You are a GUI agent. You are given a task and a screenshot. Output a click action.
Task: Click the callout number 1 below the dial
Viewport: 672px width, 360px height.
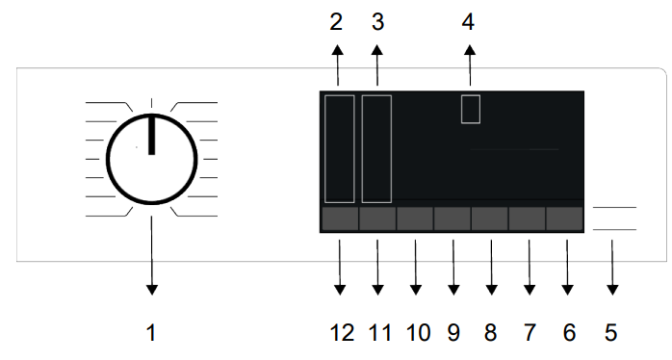coord(151,333)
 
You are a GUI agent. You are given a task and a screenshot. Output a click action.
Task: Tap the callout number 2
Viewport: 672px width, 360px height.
coord(336,22)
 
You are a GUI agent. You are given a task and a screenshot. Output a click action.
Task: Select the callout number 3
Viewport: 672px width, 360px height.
coord(377,22)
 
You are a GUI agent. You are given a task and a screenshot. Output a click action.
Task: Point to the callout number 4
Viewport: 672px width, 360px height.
coord(468,22)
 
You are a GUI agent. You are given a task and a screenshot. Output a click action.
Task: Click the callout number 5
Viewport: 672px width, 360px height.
coord(611,333)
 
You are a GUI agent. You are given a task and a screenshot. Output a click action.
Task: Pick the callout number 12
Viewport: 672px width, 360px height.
coord(342,333)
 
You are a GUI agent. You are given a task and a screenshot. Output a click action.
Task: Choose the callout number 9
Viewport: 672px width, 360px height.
coord(453,333)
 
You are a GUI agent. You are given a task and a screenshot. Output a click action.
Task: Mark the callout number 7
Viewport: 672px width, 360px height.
coord(530,333)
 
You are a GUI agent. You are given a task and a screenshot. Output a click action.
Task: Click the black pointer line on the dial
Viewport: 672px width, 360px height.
coord(151,135)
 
